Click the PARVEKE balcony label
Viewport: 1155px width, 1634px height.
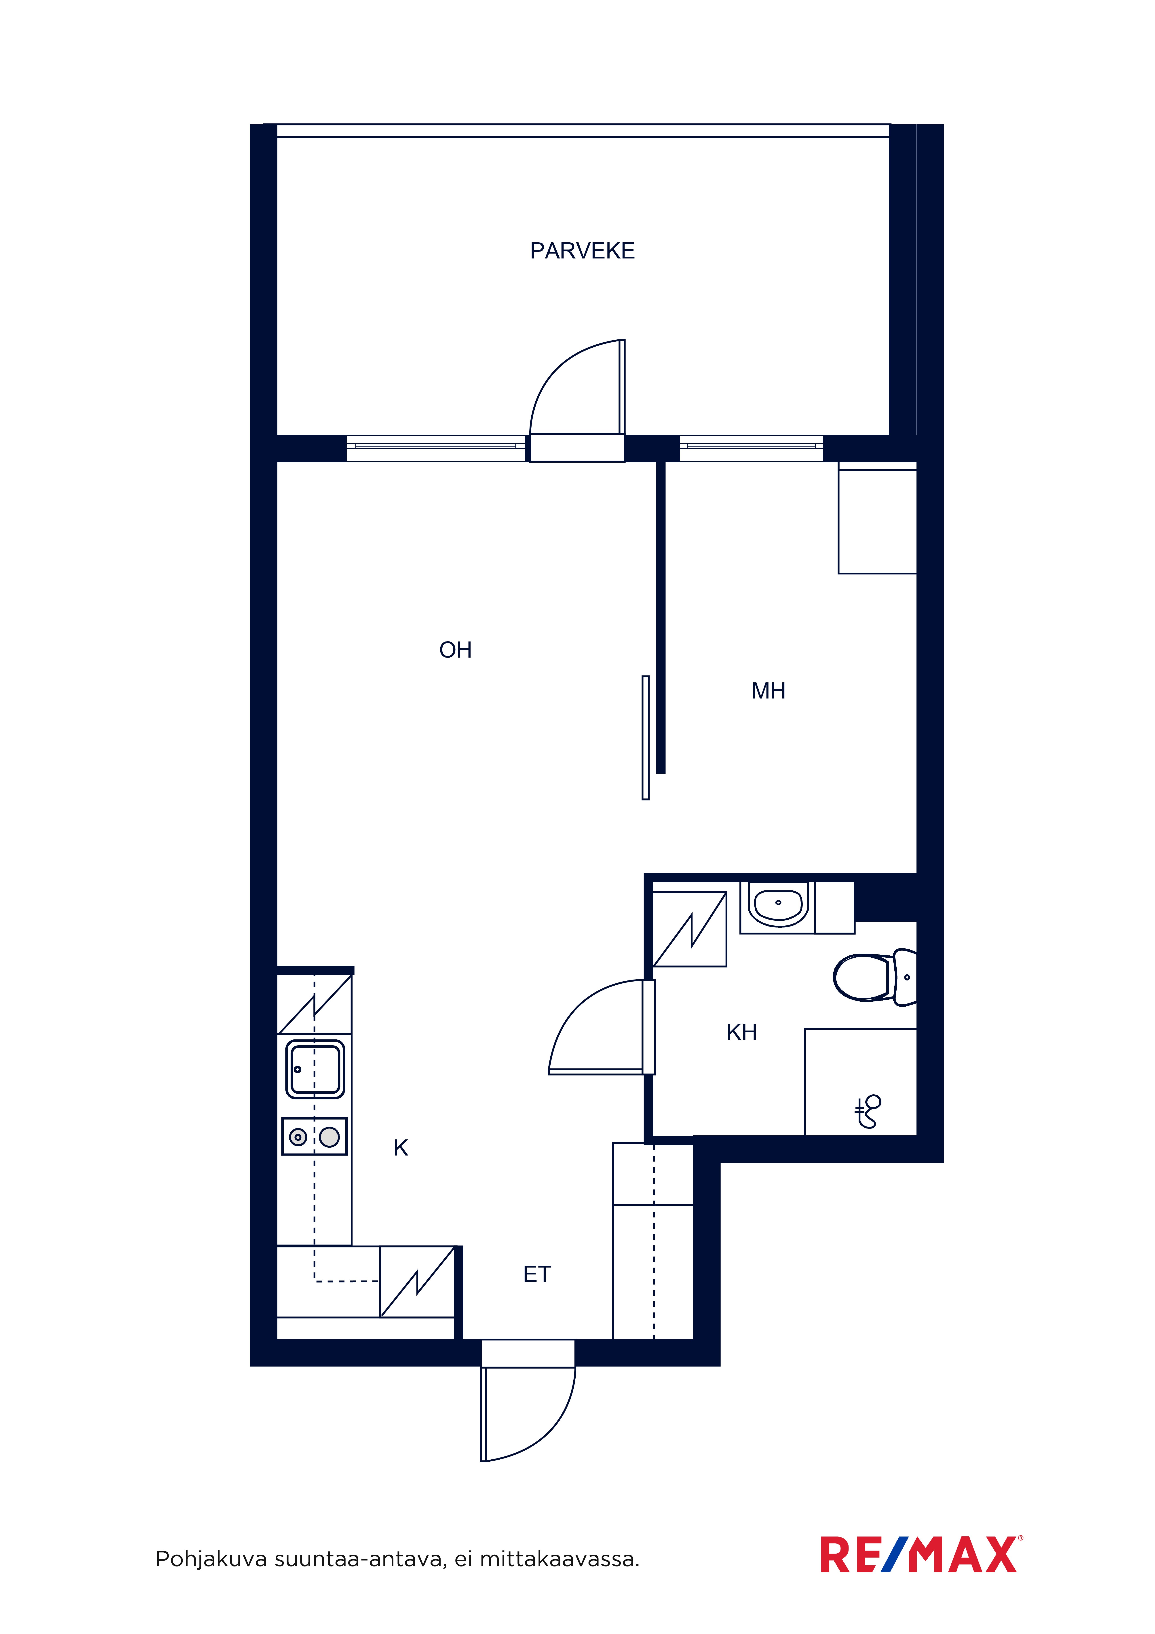tap(582, 250)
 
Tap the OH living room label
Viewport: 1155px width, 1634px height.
tap(456, 650)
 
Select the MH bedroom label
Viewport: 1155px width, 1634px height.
tap(769, 690)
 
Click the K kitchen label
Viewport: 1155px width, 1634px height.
tap(401, 1148)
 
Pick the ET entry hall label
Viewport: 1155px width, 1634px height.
tap(536, 1274)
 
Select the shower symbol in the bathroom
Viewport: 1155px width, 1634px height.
tap(868, 1111)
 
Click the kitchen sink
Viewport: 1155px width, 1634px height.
tap(315, 1070)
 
